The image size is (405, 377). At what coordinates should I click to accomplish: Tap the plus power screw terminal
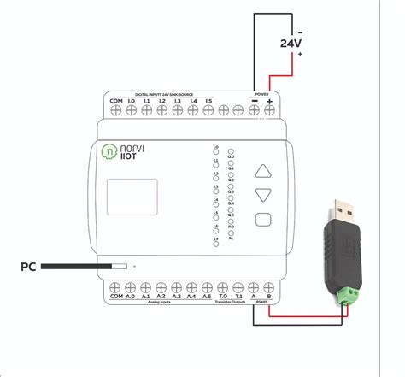[269, 109]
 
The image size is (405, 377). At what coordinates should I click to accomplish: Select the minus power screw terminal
[255, 109]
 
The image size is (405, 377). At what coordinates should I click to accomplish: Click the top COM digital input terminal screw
[116, 110]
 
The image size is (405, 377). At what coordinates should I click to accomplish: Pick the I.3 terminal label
[176, 101]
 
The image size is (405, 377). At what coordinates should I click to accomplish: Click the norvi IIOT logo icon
[109, 152]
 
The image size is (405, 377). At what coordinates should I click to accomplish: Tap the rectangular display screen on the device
[132, 197]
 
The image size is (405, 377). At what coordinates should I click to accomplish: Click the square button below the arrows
[264, 218]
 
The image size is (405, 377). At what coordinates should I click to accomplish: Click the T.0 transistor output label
[222, 298]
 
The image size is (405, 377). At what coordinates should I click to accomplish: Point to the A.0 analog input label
[131, 298]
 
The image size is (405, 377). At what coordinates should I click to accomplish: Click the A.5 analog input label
[206, 298]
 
